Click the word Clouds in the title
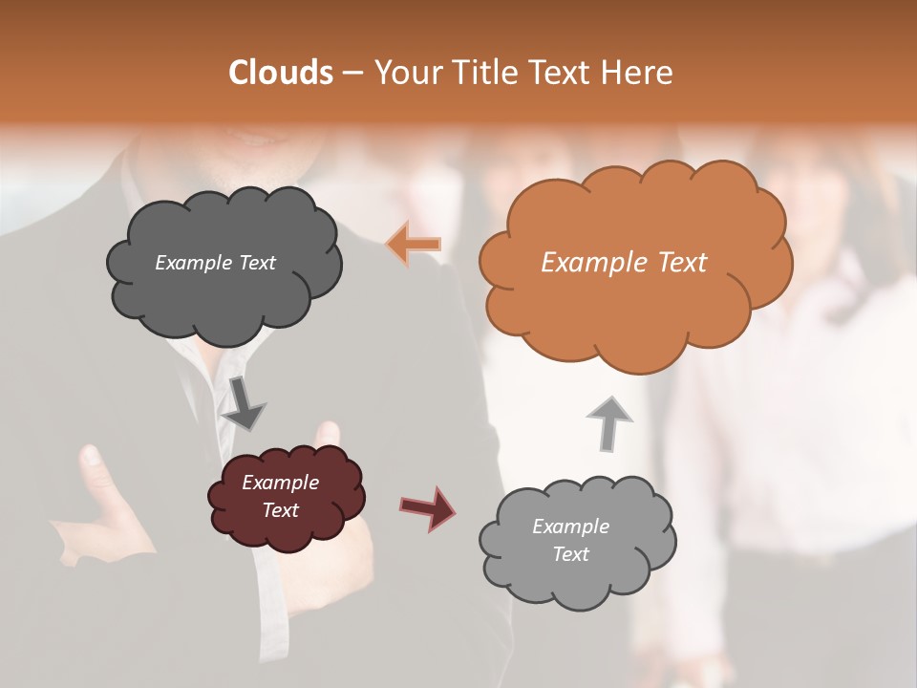pyautogui.click(x=281, y=73)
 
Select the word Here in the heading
pyautogui.click(x=638, y=73)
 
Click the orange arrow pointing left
pyautogui.click(x=414, y=245)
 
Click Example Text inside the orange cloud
pyautogui.click(x=624, y=263)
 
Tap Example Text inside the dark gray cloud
pyautogui.click(x=215, y=263)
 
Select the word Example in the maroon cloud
pyautogui.click(x=280, y=483)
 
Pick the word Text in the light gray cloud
pyautogui.click(x=570, y=554)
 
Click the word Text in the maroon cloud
pyautogui.click(x=280, y=510)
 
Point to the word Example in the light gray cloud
pyautogui.click(x=570, y=527)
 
